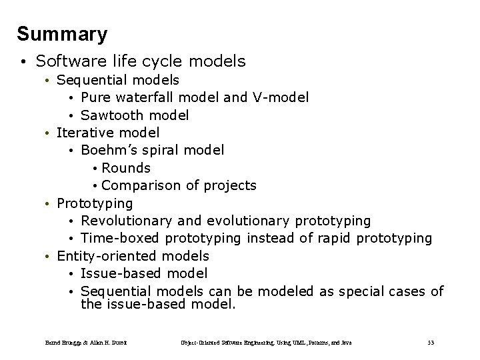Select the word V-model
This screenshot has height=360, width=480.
280,98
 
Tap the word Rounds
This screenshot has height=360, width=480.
126,168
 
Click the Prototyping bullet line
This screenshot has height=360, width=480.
95,203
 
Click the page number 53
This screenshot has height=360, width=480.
431,343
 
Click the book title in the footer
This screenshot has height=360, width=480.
266,343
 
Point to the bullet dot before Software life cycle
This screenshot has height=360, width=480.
23,63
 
